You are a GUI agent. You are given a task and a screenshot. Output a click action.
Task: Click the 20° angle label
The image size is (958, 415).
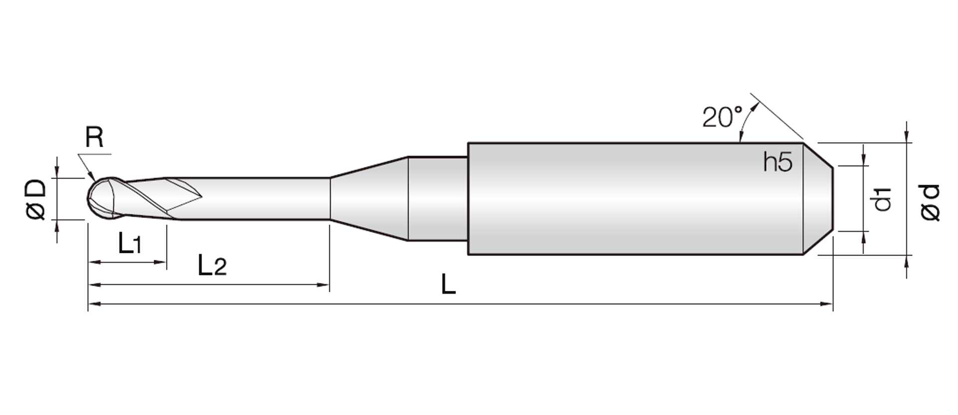click(722, 117)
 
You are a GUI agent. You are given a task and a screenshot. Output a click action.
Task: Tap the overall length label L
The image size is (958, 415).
click(449, 284)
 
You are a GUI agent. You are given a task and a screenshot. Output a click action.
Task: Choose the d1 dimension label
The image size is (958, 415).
click(882, 199)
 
